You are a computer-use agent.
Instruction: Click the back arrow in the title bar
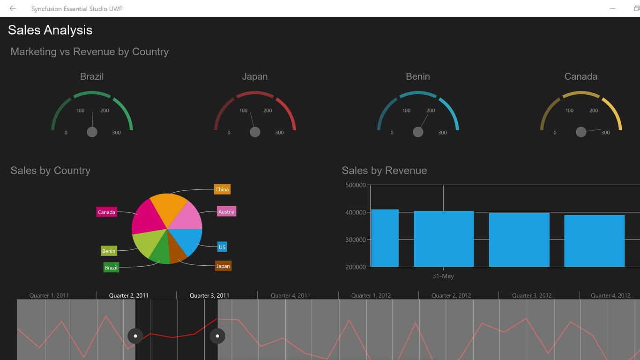(13, 8)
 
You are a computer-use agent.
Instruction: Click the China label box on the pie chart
(222, 189)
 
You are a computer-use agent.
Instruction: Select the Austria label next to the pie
(226, 211)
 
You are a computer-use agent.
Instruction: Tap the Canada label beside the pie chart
(106, 212)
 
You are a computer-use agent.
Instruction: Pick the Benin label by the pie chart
(109, 251)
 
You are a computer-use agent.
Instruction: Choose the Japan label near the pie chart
(223, 266)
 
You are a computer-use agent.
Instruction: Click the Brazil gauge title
(92, 76)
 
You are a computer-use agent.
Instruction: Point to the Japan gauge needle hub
(255, 132)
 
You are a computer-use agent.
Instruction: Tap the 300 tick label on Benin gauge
(442, 133)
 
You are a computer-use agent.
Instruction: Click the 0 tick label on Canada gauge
(555, 133)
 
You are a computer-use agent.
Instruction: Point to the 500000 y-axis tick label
(356, 185)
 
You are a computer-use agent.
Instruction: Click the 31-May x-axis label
(443, 276)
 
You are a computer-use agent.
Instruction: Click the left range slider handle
(135, 336)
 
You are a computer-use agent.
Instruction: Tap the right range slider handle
(217, 336)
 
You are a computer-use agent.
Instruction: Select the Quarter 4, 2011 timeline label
(290, 295)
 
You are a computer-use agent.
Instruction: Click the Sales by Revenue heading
(384, 171)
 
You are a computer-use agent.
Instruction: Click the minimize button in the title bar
(612, 8)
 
